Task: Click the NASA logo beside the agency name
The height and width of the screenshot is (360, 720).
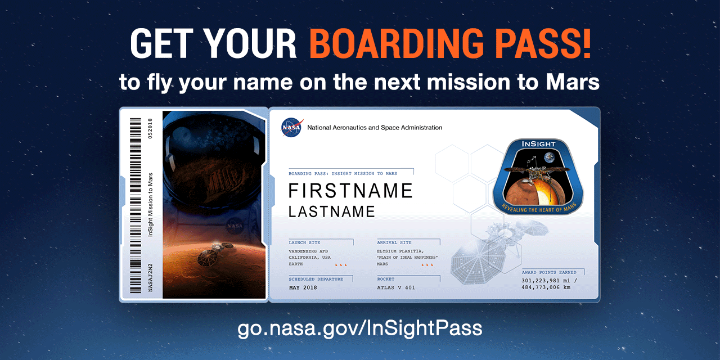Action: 292,128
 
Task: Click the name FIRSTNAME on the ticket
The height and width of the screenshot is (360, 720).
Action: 350,191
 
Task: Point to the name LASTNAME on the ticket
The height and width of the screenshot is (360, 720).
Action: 331,211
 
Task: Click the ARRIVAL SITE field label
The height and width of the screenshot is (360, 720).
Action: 394,242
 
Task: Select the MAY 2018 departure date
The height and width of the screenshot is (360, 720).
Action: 303,287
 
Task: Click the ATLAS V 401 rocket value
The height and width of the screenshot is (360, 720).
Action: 395,287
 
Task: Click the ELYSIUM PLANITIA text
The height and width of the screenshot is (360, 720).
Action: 400,251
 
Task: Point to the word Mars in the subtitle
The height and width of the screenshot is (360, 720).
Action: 573,83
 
